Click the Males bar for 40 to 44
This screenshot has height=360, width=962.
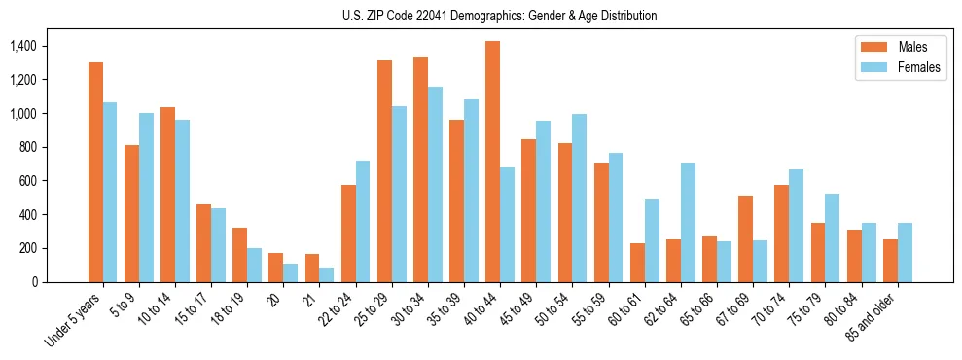pos(493,162)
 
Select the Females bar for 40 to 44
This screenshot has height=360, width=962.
pos(508,225)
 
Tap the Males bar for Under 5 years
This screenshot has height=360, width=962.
pos(95,172)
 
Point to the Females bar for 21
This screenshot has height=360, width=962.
pos(327,274)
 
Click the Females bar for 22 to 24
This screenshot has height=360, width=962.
pos(363,221)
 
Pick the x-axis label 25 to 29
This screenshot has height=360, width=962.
pos(374,310)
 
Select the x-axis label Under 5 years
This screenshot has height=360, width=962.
pos(75,320)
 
